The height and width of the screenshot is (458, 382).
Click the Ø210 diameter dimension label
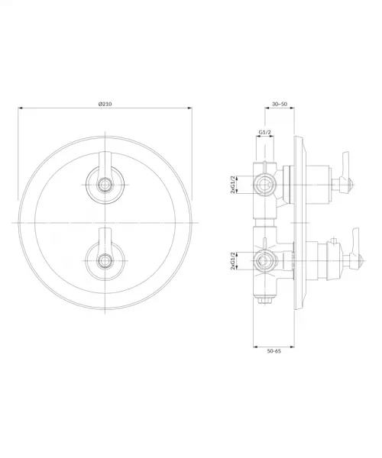click(x=105, y=104)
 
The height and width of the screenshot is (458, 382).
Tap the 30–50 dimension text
click(x=280, y=104)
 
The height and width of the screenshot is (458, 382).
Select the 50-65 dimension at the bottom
click(x=274, y=351)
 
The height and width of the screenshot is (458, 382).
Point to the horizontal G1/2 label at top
click(x=265, y=132)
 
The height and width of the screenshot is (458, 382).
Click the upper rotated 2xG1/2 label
click(x=233, y=185)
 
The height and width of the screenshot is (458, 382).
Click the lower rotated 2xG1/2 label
click(x=233, y=260)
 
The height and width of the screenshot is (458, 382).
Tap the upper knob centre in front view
click(x=105, y=185)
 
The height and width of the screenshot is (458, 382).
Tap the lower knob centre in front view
click(x=105, y=260)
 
